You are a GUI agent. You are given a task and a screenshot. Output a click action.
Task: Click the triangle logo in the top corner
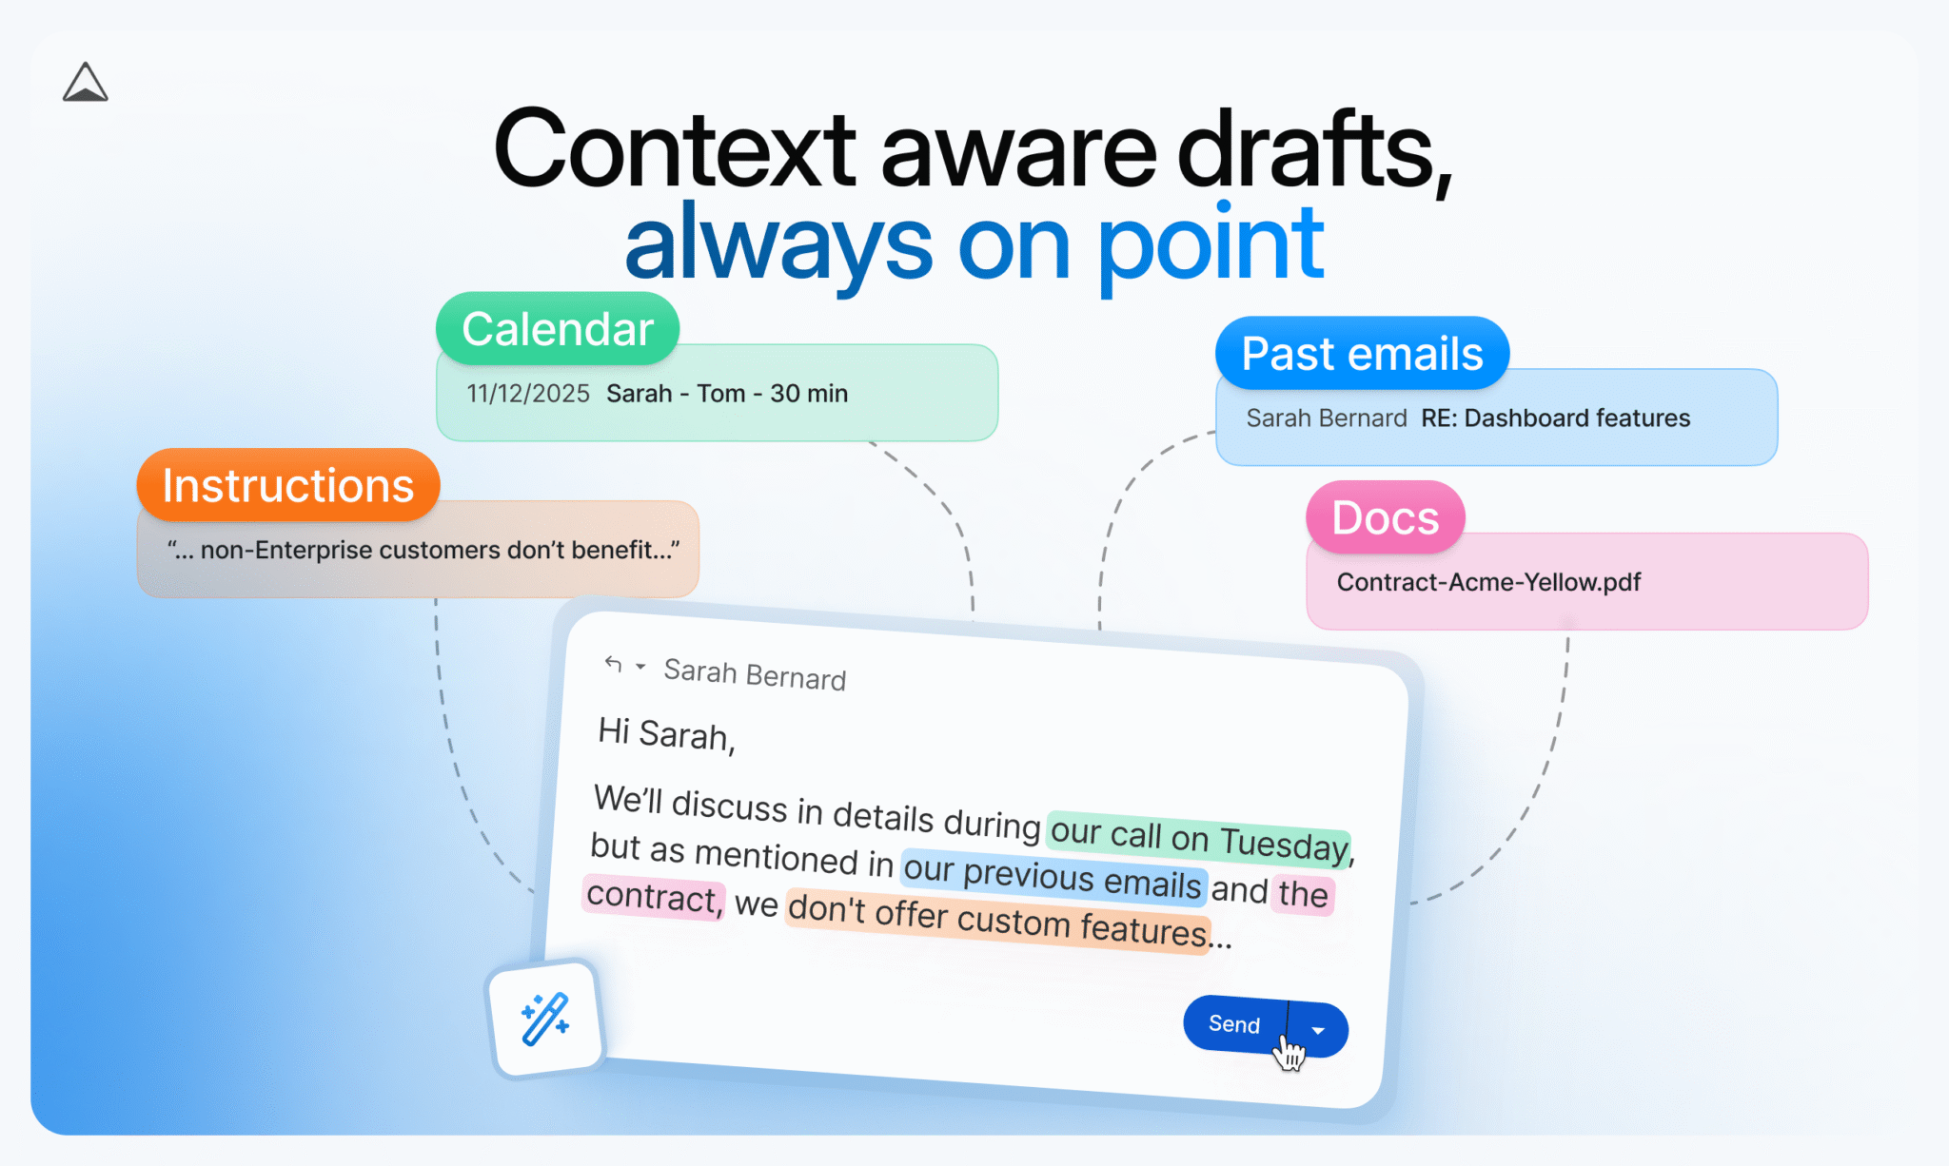click(86, 84)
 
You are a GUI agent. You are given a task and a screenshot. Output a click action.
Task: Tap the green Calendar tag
click(558, 329)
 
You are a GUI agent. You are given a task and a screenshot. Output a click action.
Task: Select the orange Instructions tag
click(288, 485)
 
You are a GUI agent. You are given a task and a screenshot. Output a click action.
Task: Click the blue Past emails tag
click(1362, 354)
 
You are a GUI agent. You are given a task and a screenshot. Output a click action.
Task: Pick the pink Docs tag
click(1385, 517)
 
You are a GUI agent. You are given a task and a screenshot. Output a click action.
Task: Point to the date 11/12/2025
click(528, 394)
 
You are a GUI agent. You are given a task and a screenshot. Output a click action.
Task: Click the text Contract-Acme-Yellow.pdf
click(1488, 582)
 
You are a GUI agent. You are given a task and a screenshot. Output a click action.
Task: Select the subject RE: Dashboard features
click(1555, 418)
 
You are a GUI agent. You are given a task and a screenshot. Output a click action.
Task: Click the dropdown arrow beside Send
click(1318, 1030)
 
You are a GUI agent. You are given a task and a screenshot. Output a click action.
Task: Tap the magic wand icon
click(545, 1020)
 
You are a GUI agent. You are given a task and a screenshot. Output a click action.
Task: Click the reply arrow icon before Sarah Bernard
click(613, 664)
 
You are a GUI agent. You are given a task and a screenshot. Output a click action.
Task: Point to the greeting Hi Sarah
click(666, 733)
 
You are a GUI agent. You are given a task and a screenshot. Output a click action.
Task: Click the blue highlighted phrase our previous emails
click(1053, 876)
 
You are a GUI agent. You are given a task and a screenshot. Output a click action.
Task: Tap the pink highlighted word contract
click(653, 897)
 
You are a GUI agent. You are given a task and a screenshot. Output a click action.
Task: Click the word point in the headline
click(1211, 244)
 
